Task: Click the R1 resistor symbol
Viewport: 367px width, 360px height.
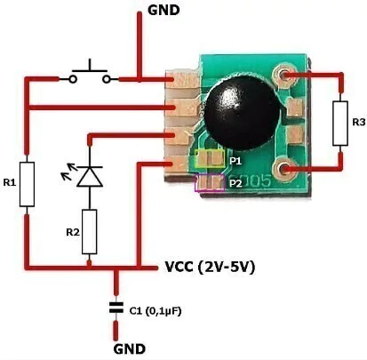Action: click(27, 184)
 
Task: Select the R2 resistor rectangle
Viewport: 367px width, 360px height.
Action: click(89, 232)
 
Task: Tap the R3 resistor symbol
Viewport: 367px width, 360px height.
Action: click(340, 124)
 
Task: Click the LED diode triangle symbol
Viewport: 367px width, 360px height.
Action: click(90, 177)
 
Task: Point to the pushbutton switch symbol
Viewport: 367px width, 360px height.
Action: click(90, 74)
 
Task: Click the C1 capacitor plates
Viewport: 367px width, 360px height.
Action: click(116, 308)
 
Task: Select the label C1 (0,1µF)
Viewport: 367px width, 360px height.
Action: click(156, 311)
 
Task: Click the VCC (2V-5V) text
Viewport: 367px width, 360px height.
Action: click(210, 268)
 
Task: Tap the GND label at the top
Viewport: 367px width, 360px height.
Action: click(164, 11)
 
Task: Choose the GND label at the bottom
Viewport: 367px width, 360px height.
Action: click(130, 349)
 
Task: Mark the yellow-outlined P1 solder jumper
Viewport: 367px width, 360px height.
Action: click(210, 158)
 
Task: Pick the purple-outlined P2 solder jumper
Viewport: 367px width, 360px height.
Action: click(210, 183)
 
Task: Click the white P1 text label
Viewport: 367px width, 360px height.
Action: click(235, 161)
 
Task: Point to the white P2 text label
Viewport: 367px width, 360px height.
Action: click(235, 184)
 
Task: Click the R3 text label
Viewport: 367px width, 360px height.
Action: click(359, 122)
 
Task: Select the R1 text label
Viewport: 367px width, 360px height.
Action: click(10, 182)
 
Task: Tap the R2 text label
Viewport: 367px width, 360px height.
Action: click(73, 233)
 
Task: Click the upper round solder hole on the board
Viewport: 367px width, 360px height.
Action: click(284, 76)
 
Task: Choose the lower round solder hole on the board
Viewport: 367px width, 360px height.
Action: click(284, 169)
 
